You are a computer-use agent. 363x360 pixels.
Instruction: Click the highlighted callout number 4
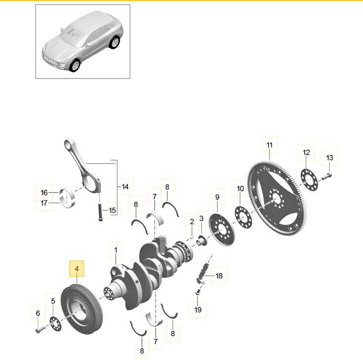click(x=76, y=269)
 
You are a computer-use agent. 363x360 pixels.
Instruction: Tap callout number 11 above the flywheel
click(x=269, y=145)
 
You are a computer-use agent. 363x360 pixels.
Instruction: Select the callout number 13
click(x=329, y=158)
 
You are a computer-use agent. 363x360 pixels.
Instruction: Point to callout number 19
click(x=198, y=310)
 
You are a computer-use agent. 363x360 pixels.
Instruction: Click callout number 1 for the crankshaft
click(x=115, y=250)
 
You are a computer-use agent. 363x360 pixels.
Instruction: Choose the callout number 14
click(x=125, y=187)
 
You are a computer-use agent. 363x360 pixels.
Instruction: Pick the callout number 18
click(x=219, y=276)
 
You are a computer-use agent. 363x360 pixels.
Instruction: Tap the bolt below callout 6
click(x=40, y=329)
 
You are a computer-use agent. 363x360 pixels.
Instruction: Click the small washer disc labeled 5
click(x=56, y=323)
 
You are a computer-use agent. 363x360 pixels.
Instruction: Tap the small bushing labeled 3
click(x=202, y=240)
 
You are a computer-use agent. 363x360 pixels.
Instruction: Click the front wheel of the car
click(x=75, y=65)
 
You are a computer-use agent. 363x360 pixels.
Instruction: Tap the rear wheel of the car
click(x=114, y=42)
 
